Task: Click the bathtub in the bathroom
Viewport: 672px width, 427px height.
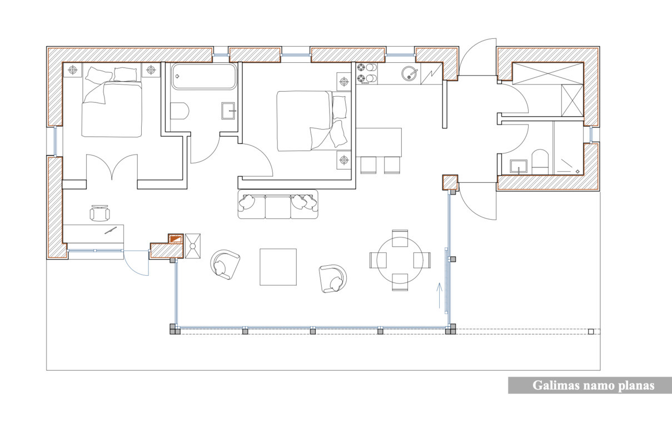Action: click(x=204, y=76)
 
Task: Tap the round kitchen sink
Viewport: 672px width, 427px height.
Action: click(x=409, y=73)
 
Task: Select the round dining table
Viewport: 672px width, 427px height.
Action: click(x=400, y=260)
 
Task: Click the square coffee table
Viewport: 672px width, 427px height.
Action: click(x=278, y=267)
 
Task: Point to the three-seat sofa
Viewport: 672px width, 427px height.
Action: click(x=278, y=205)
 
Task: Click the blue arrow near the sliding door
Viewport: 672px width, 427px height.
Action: click(x=440, y=296)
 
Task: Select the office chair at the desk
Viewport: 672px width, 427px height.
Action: click(x=99, y=213)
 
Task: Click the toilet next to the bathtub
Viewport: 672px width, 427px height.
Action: click(x=180, y=111)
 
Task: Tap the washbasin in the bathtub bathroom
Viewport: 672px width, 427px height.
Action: click(x=228, y=111)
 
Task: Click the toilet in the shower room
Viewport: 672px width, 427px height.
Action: click(x=540, y=162)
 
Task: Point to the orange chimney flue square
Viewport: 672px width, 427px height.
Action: click(x=176, y=239)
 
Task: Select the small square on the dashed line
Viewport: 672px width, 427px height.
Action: click(x=591, y=331)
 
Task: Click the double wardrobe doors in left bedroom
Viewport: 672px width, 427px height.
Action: click(x=112, y=167)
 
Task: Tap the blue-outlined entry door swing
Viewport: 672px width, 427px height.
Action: click(x=137, y=263)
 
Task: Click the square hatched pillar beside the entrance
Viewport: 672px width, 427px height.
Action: click(x=450, y=182)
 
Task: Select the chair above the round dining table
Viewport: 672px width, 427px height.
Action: click(x=400, y=238)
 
